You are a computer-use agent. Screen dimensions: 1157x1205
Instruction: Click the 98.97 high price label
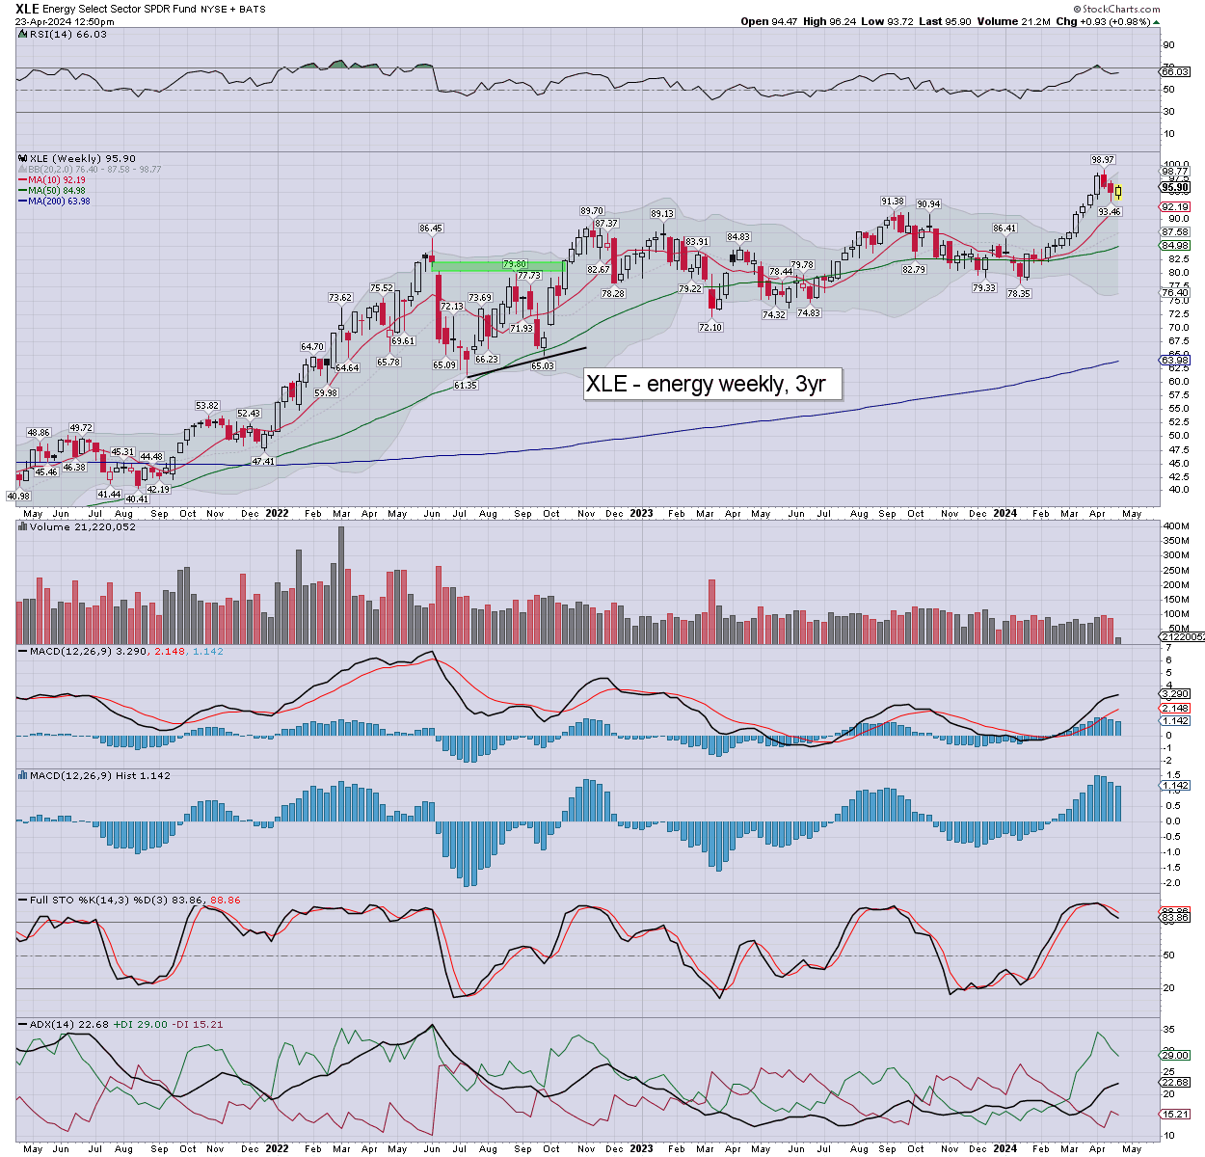(x=1103, y=160)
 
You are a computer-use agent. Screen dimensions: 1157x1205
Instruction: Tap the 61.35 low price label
(x=466, y=385)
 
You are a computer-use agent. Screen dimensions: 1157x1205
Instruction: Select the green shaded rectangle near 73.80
(x=498, y=265)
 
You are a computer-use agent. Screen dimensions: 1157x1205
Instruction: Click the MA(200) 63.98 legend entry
(x=59, y=201)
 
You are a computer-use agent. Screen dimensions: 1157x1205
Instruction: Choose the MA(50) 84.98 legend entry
(x=57, y=190)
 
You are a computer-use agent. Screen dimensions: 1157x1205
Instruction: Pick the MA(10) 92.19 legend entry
(x=57, y=179)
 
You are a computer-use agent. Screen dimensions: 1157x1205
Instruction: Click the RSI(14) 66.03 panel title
(x=67, y=34)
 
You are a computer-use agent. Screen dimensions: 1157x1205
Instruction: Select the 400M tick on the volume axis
(x=1176, y=526)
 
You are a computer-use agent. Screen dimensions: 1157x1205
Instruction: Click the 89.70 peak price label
(x=591, y=210)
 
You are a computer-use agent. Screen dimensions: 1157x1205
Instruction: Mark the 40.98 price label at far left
(x=18, y=496)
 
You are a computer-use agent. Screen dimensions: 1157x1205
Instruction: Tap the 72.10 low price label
(x=710, y=327)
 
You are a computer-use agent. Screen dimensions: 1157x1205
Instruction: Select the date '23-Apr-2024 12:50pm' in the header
(x=65, y=21)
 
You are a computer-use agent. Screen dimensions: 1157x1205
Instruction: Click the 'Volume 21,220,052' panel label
(x=82, y=526)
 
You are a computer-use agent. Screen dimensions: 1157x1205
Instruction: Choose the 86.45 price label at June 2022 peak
(x=431, y=229)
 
